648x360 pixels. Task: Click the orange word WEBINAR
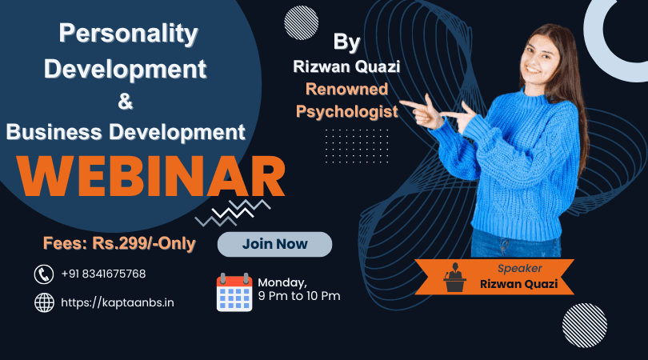tap(151, 177)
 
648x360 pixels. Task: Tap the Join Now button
tap(275, 244)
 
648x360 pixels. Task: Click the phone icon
tap(44, 274)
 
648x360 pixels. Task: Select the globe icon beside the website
tap(44, 302)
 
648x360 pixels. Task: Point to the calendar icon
tap(234, 292)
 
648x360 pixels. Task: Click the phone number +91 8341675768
tap(103, 274)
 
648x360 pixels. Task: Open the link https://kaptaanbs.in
tap(118, 303)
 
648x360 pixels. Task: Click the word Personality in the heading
tap(128, 34)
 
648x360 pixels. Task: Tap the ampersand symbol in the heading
tap(126, 102)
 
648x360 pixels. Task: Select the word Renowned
tap(346, 90)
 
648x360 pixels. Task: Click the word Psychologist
tap(346, 111)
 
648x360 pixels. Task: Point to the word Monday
tap(282, 282)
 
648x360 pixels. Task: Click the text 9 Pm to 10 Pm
tap(298, 296)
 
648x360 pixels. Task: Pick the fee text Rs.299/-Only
tap(144, 243)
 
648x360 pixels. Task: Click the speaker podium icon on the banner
tap(454, 277)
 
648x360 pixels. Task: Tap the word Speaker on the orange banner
tap(520, 268)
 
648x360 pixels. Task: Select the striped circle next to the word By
tap(302, 22)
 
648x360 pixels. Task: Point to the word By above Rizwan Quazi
tap(346, 42)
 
